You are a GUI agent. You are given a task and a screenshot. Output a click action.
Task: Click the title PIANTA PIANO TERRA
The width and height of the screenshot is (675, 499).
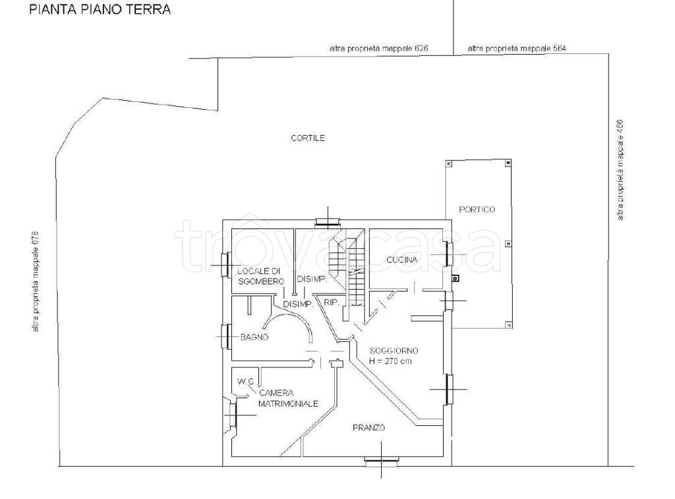pos(100,9)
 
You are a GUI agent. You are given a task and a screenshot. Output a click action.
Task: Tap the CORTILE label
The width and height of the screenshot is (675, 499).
pos(308,138)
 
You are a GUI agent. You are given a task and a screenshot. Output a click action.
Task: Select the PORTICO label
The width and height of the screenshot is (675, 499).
pos(477,210)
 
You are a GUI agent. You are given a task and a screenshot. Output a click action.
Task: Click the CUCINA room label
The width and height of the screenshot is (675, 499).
pos(401,259)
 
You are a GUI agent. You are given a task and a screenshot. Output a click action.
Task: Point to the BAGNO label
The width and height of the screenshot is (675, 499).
pos(254,338)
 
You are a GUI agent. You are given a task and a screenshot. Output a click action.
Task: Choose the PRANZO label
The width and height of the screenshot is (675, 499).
pos(369,428)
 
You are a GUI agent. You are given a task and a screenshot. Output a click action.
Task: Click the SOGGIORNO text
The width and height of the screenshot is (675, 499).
pos(394,351)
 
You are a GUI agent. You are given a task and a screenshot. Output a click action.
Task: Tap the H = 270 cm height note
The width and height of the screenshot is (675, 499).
pos(390,361)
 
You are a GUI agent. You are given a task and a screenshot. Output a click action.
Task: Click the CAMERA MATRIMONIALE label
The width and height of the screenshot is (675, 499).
pos(289,398)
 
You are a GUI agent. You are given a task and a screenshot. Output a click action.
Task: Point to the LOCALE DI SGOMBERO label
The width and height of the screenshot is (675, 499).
pos(261,276)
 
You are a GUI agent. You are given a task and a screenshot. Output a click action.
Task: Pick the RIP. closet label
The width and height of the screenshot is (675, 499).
pos(332,303)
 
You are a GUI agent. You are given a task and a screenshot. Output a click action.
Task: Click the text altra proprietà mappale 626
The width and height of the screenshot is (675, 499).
pos(379,49)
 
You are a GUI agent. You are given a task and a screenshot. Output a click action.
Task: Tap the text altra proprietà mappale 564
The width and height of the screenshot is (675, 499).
pos(517,49)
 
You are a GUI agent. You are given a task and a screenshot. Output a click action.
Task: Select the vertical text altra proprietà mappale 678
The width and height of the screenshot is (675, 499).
pos(36,282)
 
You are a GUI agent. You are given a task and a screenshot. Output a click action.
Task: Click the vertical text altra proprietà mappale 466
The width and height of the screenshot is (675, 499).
pos(620,170)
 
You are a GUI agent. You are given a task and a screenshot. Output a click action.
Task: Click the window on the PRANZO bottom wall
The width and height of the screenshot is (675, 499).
pos(381,462)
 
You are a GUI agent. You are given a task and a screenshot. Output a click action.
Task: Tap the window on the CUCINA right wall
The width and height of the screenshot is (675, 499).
pos(448,255)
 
